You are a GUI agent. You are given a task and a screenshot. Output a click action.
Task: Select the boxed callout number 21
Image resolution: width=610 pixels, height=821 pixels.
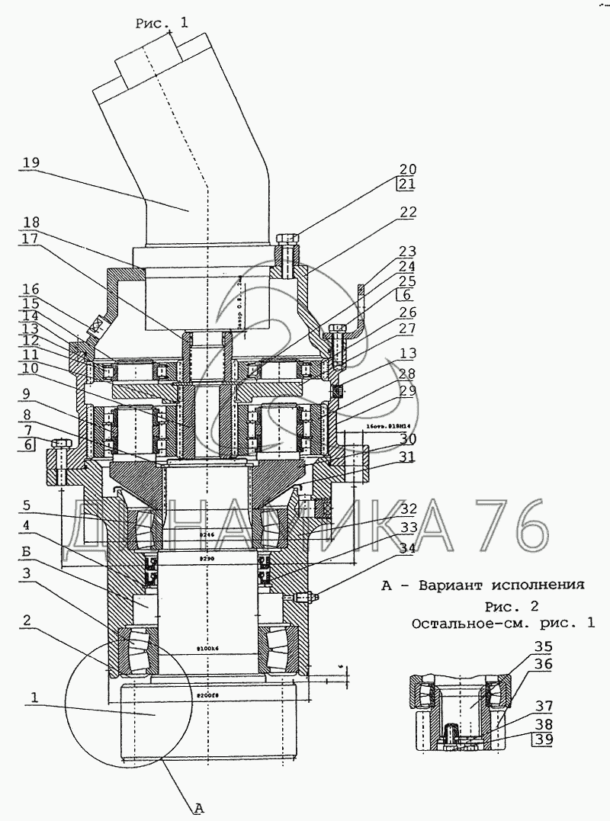point(409,184)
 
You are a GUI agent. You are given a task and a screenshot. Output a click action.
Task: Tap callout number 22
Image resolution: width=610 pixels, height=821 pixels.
point(409,213)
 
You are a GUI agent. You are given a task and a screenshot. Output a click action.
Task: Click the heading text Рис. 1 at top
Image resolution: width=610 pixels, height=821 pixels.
point(161,24)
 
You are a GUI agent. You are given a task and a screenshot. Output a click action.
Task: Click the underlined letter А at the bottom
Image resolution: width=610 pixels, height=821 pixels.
point(197,808)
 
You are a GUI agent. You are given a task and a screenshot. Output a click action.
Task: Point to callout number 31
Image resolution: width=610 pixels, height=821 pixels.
point(409,457)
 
